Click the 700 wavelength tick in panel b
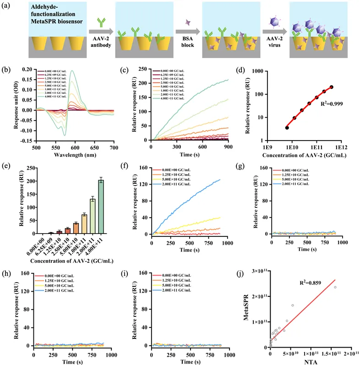coord(114,148)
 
